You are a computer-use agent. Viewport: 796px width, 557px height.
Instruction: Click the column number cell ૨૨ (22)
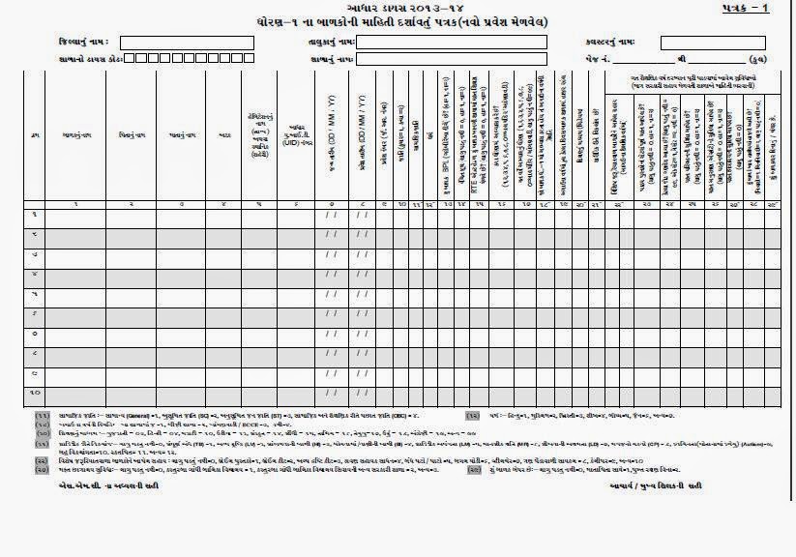pos(621,205)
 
